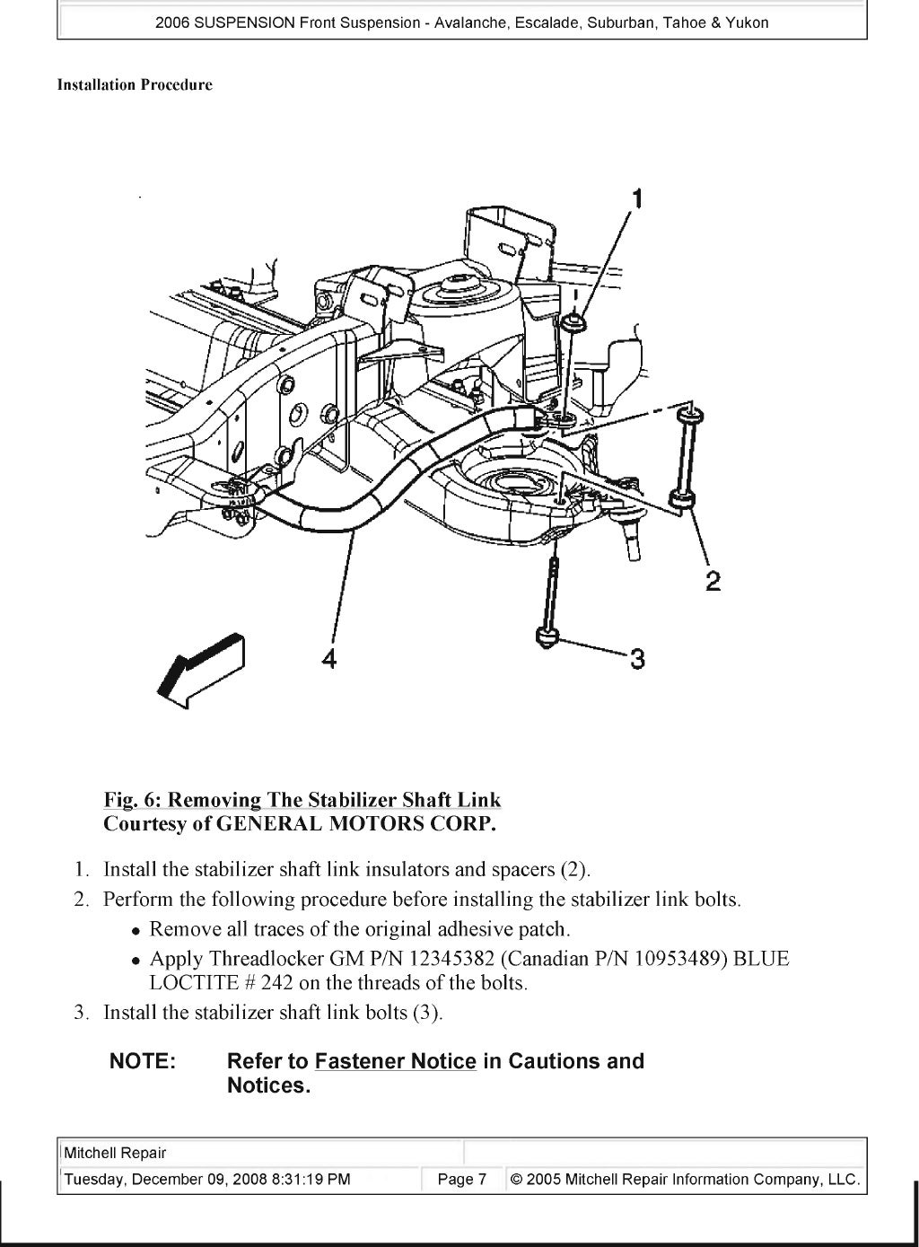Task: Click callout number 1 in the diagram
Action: click(637, 198)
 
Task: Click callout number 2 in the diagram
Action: click(713, 582)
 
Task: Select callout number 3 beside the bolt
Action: click(636, 660)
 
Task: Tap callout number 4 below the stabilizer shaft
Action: click(329, 659)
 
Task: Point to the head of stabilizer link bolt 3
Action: click(547, 637)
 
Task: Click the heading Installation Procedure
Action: click(135, 85)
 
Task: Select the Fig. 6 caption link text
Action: click(302, 799)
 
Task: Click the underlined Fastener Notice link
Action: click(395, 1061)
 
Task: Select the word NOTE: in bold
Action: click(142, 1061)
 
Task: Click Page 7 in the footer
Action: click(461, 1180)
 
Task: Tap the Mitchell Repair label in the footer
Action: click(115, 1154)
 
